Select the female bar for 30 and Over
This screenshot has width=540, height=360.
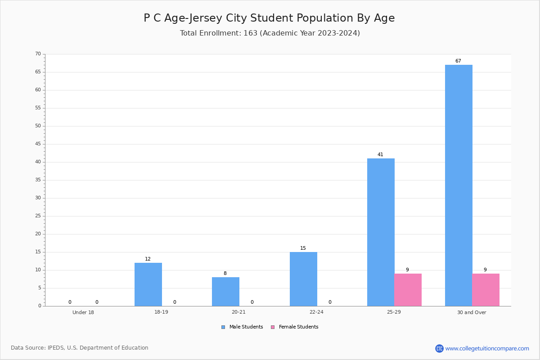tap(486, 290)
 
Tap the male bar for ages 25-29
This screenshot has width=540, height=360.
tap(381, 232)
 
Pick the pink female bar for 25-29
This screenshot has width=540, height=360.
tap(408, 290)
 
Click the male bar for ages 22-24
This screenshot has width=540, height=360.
tap(303, 279)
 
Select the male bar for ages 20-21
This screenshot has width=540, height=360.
tap(225, 292)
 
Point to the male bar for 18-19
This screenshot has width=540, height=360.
tap(148, 284)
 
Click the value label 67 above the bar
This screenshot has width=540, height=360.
tap(458, 61)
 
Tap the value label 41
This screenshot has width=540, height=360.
tap(380, 155)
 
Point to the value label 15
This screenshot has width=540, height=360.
tap(303, 248)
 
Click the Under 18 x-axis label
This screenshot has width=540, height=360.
tap(83, 313)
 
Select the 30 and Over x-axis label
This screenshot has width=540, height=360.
tap(472, 313)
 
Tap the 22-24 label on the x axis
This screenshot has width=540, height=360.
tap(316, 313)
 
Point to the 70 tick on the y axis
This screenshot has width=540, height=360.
tap(38, 54)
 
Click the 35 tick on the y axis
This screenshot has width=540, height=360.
tap(38, 180)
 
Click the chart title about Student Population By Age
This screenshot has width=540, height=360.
tap(269, 18)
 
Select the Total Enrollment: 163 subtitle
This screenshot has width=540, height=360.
tap(270, 33)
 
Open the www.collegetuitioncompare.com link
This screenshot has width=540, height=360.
tap(487, 348)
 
